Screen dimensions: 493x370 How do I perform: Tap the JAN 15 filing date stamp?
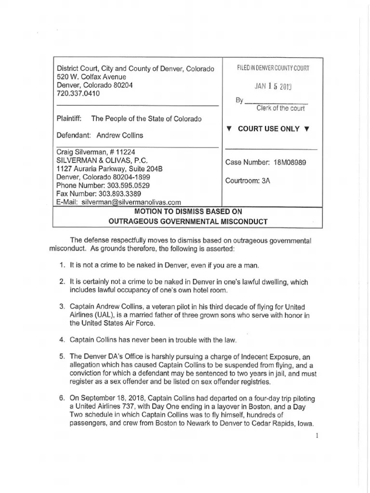pyautogui.click(x=273, y=87)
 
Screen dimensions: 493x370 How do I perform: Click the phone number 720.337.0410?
pyautogui.click(x=79, y=93)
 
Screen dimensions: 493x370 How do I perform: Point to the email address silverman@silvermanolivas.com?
pyautogui.click(x=131, y=202)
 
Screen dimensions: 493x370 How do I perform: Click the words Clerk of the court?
pyautogui.click(x=281, y=108)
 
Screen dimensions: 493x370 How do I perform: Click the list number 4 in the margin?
pyautogui.click(x=62, y=340)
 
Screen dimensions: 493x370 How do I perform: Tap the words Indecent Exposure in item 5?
pyautogui.click(x=276, y=357)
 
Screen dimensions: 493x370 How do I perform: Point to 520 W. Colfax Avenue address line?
pyautogui.click(x=91, y=77)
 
